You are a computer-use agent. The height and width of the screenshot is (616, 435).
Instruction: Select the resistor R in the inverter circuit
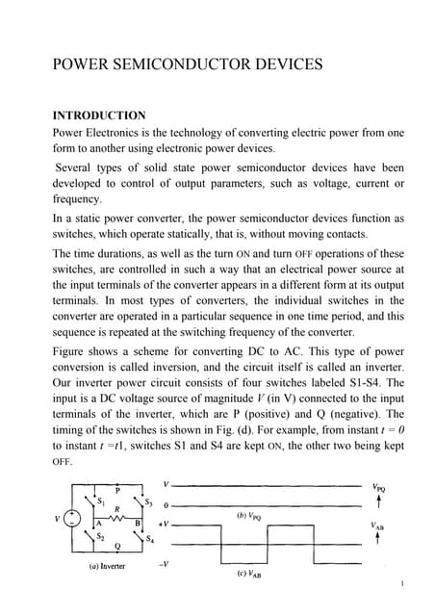[x=118, y=511]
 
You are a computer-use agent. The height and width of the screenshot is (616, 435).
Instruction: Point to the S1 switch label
[x=99, y=500]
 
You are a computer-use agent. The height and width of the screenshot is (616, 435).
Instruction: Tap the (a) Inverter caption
[x=108, y=566]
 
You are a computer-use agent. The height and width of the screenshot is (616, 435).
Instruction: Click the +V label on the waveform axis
[x=166, y=524]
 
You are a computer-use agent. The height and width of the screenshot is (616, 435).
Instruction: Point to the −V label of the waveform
[x=166, y=565]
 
